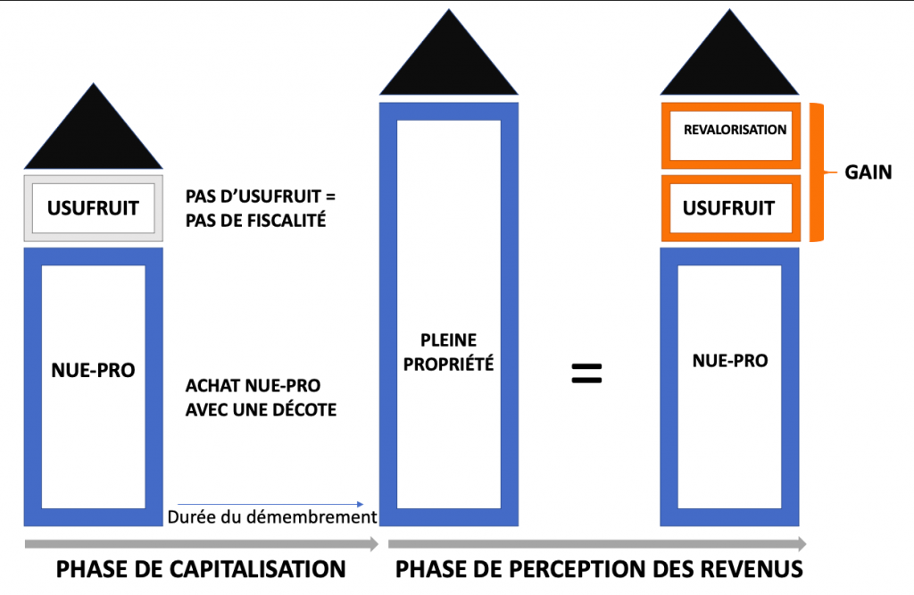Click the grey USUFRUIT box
[93, 208]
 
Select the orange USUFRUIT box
[728, 208]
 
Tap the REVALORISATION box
[735, 130]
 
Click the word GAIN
[868, 172]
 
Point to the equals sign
[586, 373]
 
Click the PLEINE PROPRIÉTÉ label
[449, 352]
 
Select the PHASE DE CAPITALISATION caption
[201, 569]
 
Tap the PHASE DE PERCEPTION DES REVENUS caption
[599, 569]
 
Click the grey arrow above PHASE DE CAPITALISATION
[201, 543]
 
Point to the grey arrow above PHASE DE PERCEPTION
[597, 543]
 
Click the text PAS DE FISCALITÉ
[255, 219]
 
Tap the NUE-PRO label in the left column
[93, 369]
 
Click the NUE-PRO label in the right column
[729, 360]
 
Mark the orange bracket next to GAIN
[816, 172]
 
